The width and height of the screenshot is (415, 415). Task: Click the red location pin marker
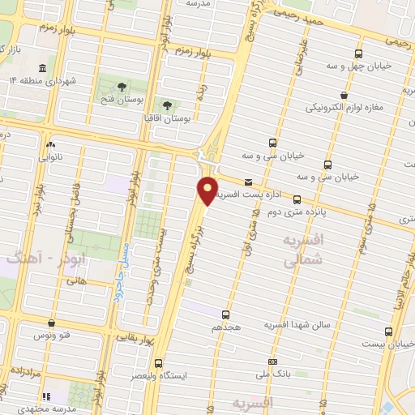[208, 190]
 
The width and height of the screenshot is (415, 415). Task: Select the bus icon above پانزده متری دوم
[297, 199]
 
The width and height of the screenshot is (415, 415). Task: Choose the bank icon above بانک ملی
[273, 362]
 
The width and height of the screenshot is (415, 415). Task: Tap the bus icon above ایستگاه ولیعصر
[157, 363]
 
